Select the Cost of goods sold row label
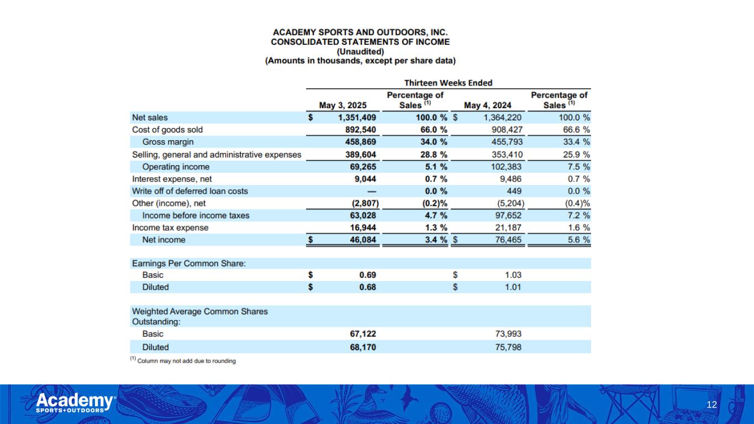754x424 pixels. [167, 130]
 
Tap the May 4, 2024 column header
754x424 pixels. [488, 105]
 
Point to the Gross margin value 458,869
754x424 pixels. [357, 142]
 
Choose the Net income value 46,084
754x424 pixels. [360, 240]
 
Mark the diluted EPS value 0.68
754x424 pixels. [367, 287]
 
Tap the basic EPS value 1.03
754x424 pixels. [513, 275]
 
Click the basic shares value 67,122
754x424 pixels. [360, 334]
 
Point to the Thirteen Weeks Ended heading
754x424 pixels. [448, 83]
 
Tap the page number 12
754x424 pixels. [711, 405]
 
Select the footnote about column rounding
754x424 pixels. [183, 361]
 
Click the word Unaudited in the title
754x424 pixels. [360, 51]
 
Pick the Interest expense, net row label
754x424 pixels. [172, 179]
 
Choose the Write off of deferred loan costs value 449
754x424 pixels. [514, 191]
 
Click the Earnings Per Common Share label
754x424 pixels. [189, 263]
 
